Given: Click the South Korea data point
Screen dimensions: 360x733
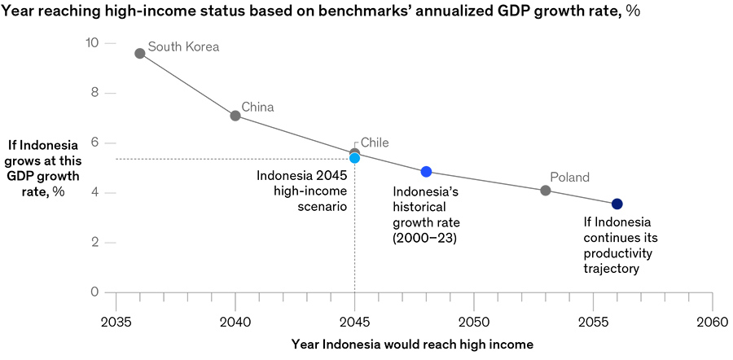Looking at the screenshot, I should (140, 53).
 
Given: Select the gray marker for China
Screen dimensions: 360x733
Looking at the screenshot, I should (235, 116).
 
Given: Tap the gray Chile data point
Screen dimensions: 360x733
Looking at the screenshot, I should (354, 151).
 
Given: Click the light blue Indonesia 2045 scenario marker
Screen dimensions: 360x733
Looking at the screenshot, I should (354, 159).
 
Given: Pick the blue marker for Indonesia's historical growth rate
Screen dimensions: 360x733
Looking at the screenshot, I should (426, 172).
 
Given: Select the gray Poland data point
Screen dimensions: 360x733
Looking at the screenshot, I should (546, 191).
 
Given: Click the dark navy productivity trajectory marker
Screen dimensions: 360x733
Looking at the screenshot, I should (617, 204).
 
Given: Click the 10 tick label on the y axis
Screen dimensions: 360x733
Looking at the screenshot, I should (91, 43).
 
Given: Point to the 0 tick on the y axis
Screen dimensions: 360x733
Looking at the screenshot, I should (94, 292).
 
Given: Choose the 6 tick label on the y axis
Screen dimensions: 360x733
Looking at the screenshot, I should (94, 143).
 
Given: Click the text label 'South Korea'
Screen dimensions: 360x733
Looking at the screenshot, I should (183, 47).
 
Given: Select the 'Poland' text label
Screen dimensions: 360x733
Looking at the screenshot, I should (569, 178).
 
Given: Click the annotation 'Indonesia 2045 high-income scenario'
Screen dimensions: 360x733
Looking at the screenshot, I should (302, 191).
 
